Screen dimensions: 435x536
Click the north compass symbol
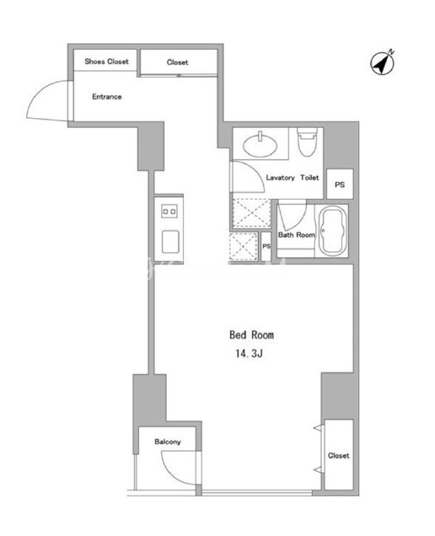click(383, 63)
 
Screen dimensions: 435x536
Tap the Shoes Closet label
click(107, 62)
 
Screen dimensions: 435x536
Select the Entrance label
click(107, 97)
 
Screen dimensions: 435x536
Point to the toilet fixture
click(307, 142)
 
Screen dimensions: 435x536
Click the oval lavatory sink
click(260, 146)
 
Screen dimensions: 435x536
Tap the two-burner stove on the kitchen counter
click(169, 212)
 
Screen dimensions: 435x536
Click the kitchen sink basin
click(170, 242)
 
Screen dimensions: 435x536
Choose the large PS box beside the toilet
click(340, 185)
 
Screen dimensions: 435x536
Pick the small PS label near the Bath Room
click(266, 246)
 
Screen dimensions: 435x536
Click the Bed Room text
click(251, 335)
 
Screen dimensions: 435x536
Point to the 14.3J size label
click(249, 353)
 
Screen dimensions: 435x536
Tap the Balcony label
click(168, 442)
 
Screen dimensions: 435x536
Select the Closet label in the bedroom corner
click(339, 455)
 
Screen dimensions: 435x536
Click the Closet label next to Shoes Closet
click(178, 62)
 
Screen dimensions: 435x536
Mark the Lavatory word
click(280, 178)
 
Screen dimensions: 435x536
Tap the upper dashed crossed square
click(252, 213)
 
